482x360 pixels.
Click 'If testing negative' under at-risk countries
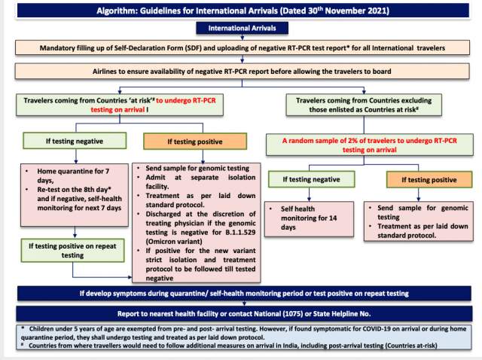[x=73, y=140]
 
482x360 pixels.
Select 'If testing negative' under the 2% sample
[x=312, y=181]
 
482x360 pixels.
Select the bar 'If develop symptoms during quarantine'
[x=241, y=292]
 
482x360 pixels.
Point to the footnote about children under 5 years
[x=241, y=331]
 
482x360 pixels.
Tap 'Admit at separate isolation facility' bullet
[x=188, y=187]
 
